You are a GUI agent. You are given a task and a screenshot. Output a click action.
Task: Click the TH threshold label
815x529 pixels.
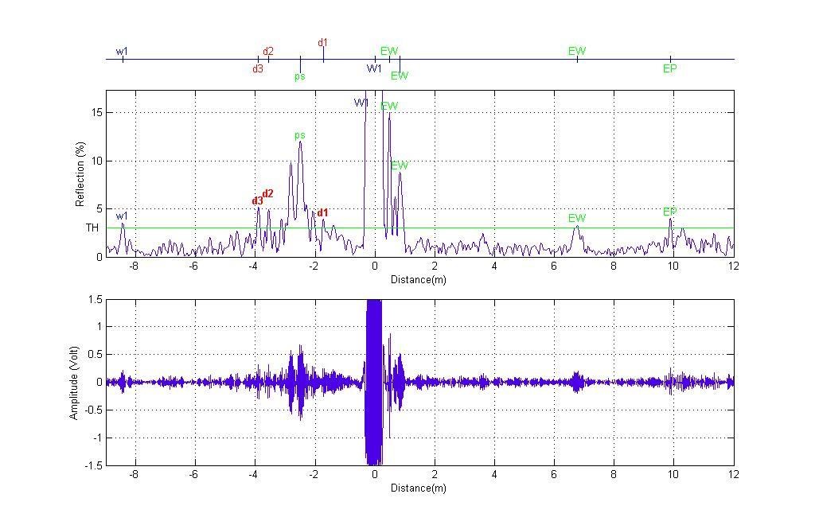click(x=92, y=228)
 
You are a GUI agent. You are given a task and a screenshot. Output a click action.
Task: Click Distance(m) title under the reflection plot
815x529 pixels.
click(x=419, y=280)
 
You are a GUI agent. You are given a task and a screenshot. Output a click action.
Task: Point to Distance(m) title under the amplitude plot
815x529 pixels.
click(x=419, y=488)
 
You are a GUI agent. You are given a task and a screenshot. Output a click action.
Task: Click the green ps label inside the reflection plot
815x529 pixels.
click(x=300, y=135)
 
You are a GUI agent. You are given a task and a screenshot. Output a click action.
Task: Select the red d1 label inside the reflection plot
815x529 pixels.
click(x=322, y=213)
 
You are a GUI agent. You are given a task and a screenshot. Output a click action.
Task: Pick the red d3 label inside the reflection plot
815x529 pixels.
click(x=257, y=201)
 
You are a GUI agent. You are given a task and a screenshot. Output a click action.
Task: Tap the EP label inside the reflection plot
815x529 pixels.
click(x=670, y=212)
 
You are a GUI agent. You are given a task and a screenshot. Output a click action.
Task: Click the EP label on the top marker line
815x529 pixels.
click(x=670, y=69)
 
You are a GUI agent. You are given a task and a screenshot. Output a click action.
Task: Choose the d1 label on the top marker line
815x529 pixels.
click(x=322, y=43)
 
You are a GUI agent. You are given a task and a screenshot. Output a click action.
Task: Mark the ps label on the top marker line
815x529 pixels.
click(x=300, y=77)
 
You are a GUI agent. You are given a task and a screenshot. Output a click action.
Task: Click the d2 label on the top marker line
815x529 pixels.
click(x=268, y=52)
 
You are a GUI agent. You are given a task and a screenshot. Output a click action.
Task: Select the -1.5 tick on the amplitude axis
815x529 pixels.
click(x=93, y=466)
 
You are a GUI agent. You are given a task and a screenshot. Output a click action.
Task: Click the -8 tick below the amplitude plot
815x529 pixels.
click(x=134, y=475)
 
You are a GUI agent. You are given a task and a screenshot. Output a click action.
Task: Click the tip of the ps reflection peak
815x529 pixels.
click(x=300, y=142)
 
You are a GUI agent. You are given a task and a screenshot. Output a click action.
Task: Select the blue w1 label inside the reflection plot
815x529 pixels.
click(x=122, y=216)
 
